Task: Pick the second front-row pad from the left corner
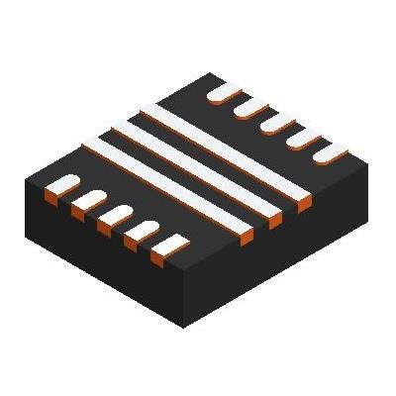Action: (92, 199)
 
